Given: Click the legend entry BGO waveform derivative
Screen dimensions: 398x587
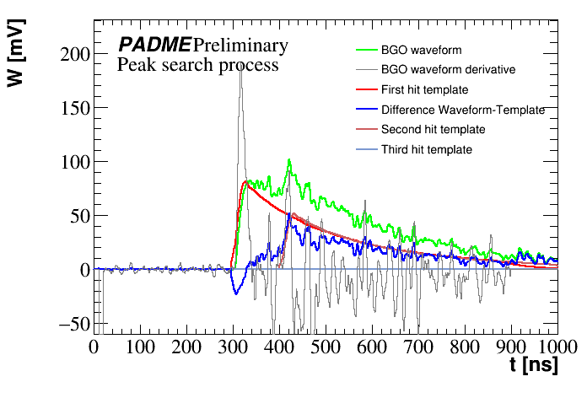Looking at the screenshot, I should pos(448,69).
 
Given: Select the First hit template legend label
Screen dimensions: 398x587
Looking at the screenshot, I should pos(424,89).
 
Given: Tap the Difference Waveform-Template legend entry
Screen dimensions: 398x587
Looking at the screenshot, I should pos(462,110).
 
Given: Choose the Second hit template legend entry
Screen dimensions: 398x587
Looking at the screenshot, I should pos(433,130).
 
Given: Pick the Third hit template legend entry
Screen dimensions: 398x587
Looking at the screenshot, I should pos(426,150).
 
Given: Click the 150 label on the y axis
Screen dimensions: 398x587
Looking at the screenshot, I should pos(75,109).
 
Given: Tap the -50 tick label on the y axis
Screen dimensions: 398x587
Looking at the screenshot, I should pos(71,324).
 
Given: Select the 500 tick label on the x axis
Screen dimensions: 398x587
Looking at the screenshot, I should pos(325,347).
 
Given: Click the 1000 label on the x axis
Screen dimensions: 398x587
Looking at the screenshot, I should pos(556,347).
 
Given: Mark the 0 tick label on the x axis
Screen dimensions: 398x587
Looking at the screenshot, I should pos(94,347).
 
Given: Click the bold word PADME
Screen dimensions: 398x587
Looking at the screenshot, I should pos(153,45).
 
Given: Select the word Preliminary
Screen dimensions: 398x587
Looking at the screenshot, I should pos(240,45).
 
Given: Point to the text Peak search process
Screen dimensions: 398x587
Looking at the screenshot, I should pos(197,64).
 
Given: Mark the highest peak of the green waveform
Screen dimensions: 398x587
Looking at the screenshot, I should pos(288,160).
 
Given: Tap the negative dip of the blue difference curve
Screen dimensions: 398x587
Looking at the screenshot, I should pos(236,293).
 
